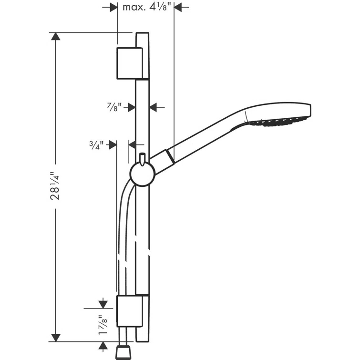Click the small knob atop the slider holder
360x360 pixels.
pyautogui.click(x=142, y=158)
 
